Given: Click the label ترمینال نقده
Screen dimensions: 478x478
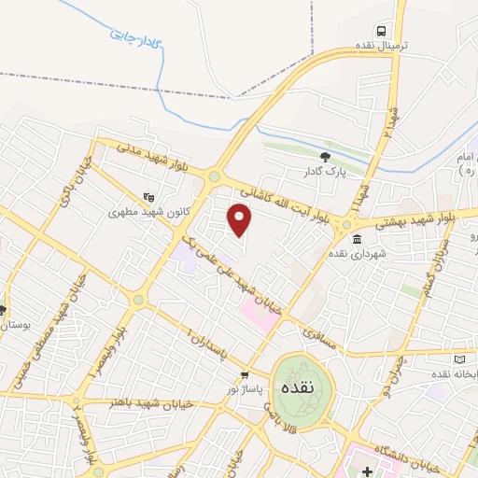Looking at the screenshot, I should (x=380, y=46).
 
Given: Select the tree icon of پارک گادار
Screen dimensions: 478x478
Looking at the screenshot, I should (x=325, y=157).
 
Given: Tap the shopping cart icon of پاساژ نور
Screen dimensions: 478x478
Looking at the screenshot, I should (x=245, y=375).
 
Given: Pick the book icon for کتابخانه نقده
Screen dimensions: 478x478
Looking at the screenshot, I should (x=457, y=359).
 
